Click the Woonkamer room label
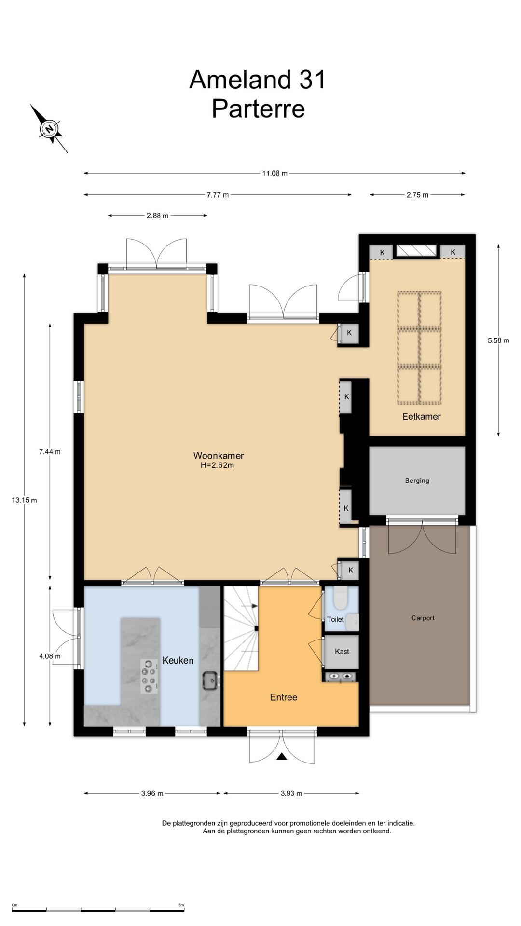(x=219, y=456)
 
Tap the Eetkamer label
(x=422, y=417)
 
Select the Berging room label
(x=417, y=481)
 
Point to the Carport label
(x=423, y=618)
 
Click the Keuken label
(x=178, y=661)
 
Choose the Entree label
(x=284, y=697)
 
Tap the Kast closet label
(x=342, y=652)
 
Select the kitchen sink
(x=211, y=681)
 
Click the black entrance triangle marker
(x=282, y=757)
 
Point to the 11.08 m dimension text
(x=275, y=173)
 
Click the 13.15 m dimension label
(x=24, y=500)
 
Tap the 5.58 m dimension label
(x=498, y=340)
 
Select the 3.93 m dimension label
(x=291, y=793)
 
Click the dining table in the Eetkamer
(x=419, y=348)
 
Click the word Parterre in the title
(x=259, y=109)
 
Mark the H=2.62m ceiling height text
(x=218, y=466)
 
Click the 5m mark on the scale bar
(x=181, y=905)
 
